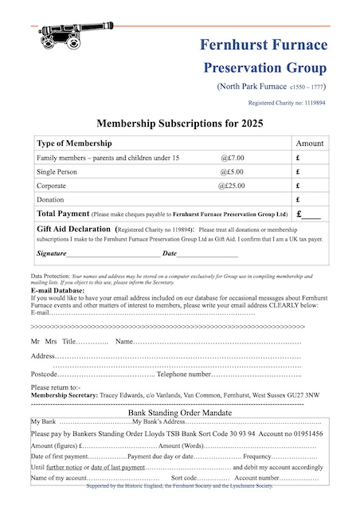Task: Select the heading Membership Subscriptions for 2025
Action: click(x=180, y=124)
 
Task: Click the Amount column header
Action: click(x=310, y=143)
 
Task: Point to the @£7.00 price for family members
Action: click(x=233, y=158)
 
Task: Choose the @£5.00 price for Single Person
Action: click(x=232, y=172)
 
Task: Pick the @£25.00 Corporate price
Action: click(x=232, y=186)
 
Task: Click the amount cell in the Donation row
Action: click(x=310, y=200)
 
